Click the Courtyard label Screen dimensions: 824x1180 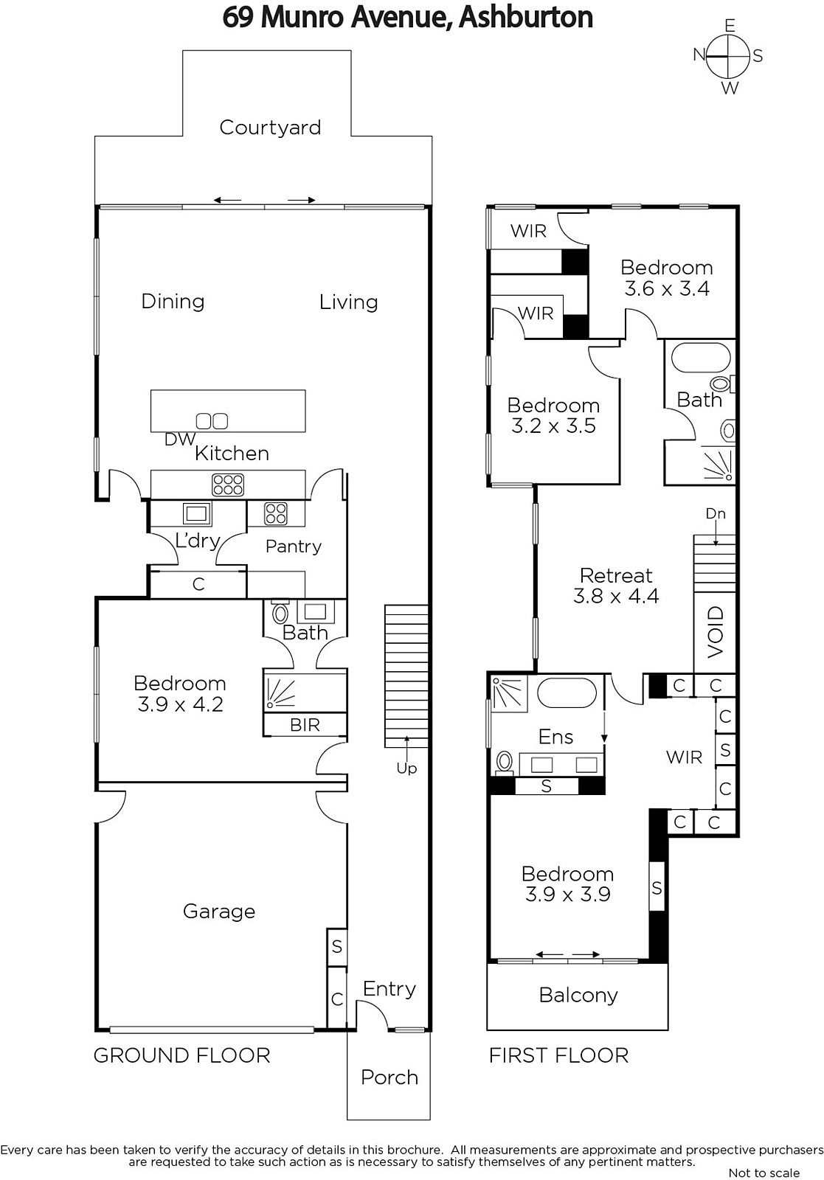270,128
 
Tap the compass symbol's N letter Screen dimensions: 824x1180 699,55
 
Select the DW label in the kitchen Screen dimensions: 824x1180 180,440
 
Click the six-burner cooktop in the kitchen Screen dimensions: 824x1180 228,485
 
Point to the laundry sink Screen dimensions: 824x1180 197,513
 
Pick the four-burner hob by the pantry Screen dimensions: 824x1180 276,513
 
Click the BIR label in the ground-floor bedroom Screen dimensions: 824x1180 305,725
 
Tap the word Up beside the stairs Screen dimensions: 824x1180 406,768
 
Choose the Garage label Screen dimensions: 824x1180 219,912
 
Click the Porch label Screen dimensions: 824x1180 390,1077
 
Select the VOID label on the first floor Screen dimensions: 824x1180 716,632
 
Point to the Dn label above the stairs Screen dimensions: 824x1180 716,513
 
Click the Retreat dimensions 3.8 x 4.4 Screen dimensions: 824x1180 616,596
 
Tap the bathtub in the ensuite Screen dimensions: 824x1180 567,692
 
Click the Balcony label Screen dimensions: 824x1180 578,995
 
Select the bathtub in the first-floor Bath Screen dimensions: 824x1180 701,358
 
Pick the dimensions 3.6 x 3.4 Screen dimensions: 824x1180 666,288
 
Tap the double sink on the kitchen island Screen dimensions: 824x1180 212,421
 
